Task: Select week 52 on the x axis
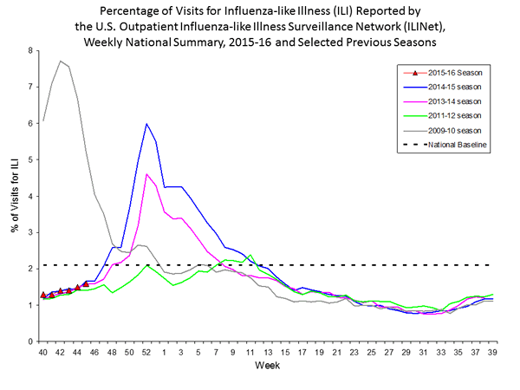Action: pyautogui.click(x=147, y=354)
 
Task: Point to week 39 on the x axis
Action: pyautogui.click(x=493, y=354)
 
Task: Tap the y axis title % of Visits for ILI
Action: pyautogui.click(x=13, y=195)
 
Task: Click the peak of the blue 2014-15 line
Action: pyautogui.click(x=147, y=124)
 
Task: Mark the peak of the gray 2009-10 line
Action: pyautogui.click(x=60, y=61)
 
